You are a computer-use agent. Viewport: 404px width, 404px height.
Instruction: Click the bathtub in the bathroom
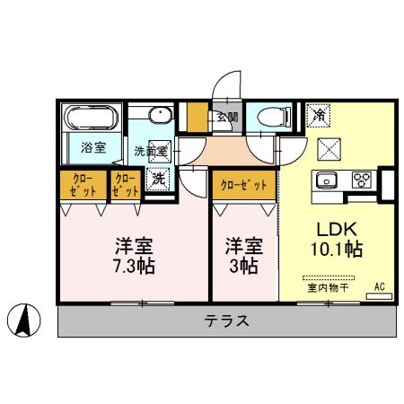pos(93,118)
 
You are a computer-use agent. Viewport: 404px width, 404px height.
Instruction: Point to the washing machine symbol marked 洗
pos(157,180)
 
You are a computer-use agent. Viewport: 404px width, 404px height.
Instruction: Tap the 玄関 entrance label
pos(225,117)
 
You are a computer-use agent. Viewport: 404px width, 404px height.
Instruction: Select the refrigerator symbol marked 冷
pos(318,114)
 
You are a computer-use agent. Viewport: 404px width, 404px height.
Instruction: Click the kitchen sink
pos(327,178)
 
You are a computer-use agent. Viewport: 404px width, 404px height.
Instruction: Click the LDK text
pos(334,228)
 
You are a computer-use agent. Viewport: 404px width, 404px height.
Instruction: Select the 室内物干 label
pos(327,288)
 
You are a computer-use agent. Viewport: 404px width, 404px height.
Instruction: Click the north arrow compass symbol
pos(25,319)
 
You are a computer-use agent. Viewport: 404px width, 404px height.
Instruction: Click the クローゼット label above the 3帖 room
pos(243,184)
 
